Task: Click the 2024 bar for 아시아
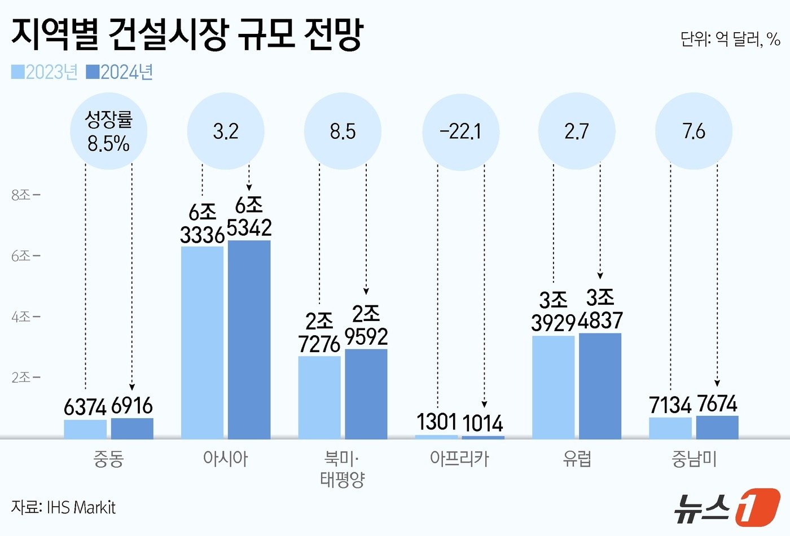249,339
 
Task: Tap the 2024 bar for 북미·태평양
366,393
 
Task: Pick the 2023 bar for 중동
85,429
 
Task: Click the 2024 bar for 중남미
717,427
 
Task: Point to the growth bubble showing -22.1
460,131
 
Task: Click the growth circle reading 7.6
694,131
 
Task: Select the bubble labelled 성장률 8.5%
108,131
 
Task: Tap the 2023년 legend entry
45,72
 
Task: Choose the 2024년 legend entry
120,72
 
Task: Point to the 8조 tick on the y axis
25,195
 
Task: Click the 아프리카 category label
459,458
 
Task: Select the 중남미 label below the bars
694,458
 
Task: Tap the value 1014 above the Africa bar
482,423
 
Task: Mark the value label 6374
85,407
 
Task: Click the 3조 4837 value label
600,309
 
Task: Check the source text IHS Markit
63,507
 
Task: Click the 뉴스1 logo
726,506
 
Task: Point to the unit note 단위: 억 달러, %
730,39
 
